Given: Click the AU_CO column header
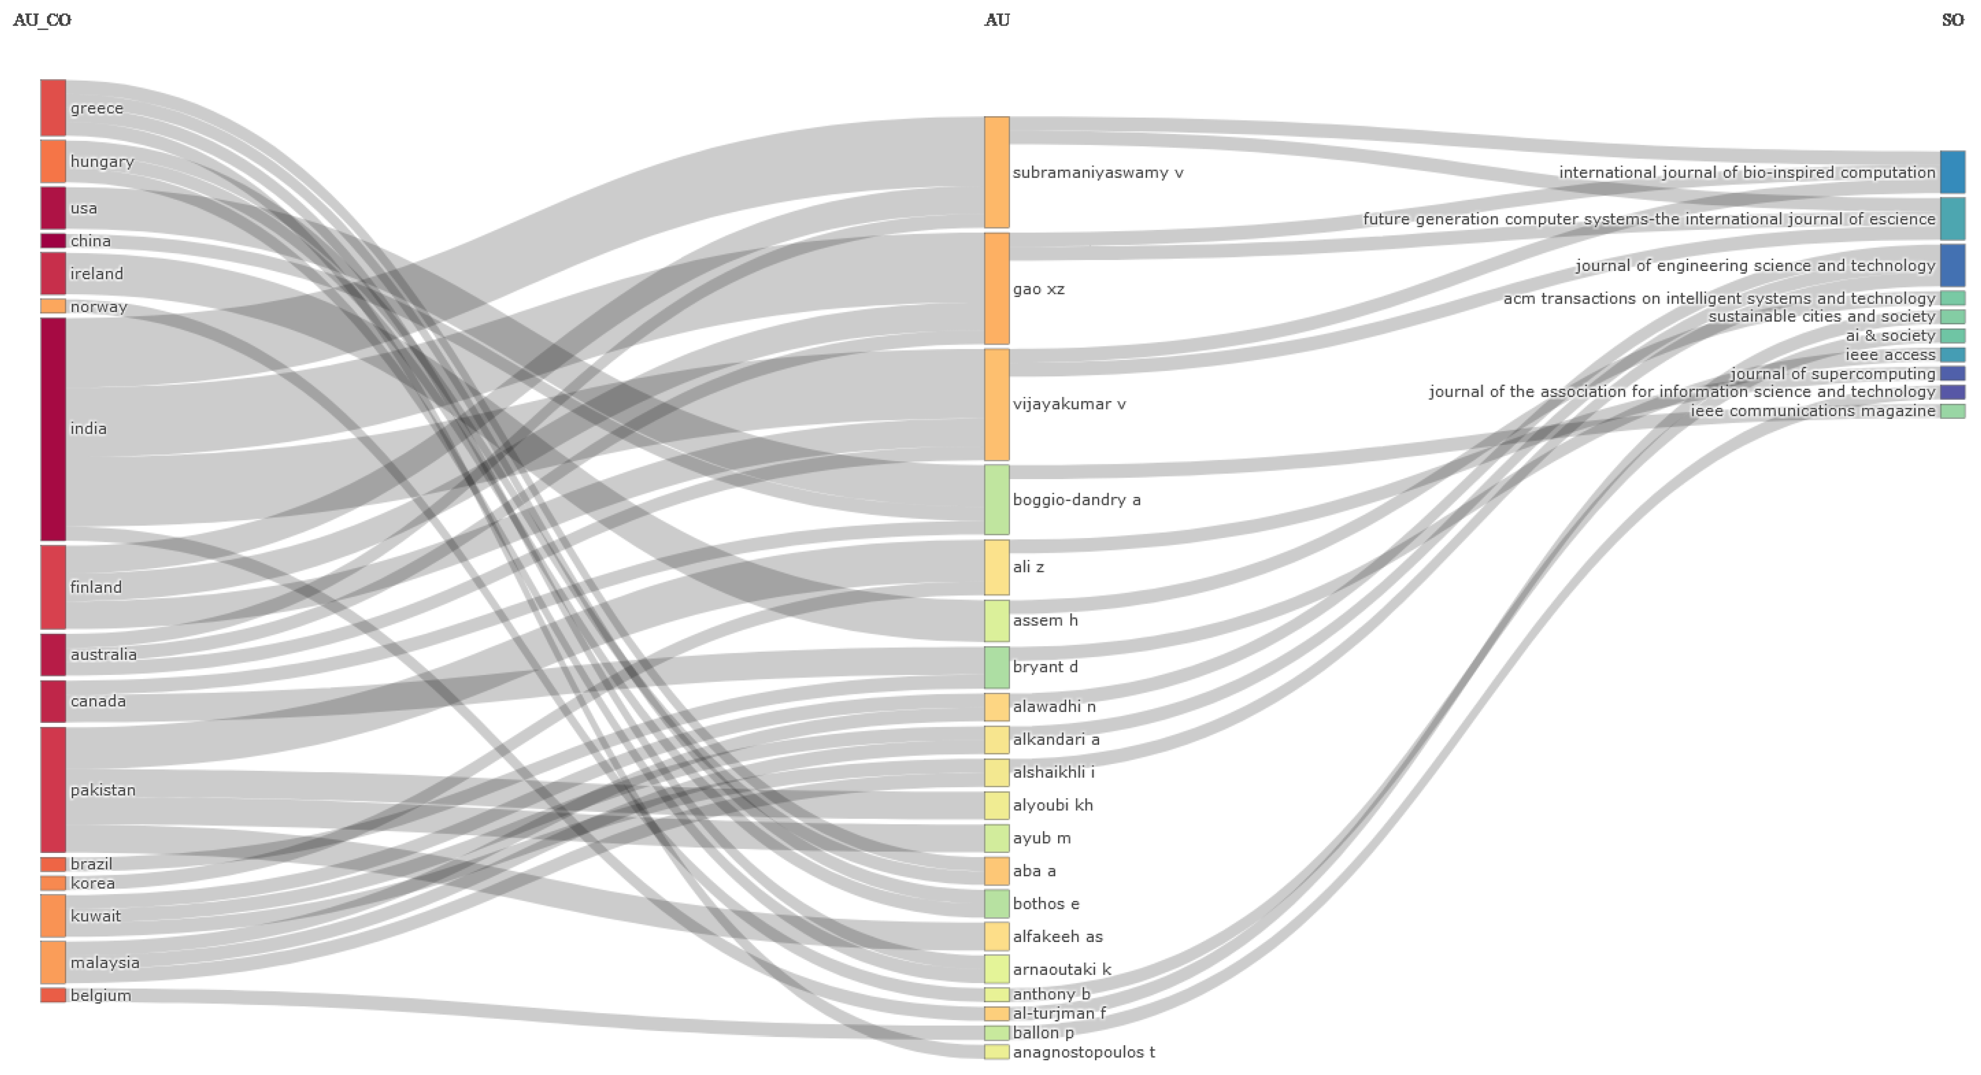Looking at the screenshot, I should click(x=43, y=20).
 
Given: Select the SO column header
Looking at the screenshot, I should click(x=1952, y=20).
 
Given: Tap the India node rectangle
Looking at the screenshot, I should click(x=53, y=429).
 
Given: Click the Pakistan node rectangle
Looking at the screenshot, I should click(x=53, y=790).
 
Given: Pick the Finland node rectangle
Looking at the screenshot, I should click(x=53, y=587).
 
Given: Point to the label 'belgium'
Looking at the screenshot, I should click(x=101, y=996).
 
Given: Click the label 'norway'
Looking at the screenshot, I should click(x=98, y=307).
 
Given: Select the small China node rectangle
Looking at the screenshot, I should click(x=53, y=241).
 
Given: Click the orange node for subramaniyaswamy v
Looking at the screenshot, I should click(x=997, y=172).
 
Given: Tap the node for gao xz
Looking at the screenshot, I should click(x=997, y=289).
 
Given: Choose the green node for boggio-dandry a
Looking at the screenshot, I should click(x=997, y=500).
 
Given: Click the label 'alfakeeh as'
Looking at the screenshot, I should click(x=1058, y=937).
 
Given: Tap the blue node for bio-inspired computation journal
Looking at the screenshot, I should click(x=1952, y=172).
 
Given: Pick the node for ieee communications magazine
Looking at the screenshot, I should click(x=1952, y=411).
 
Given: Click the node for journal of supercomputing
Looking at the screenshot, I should click(x=1952, y=374).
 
